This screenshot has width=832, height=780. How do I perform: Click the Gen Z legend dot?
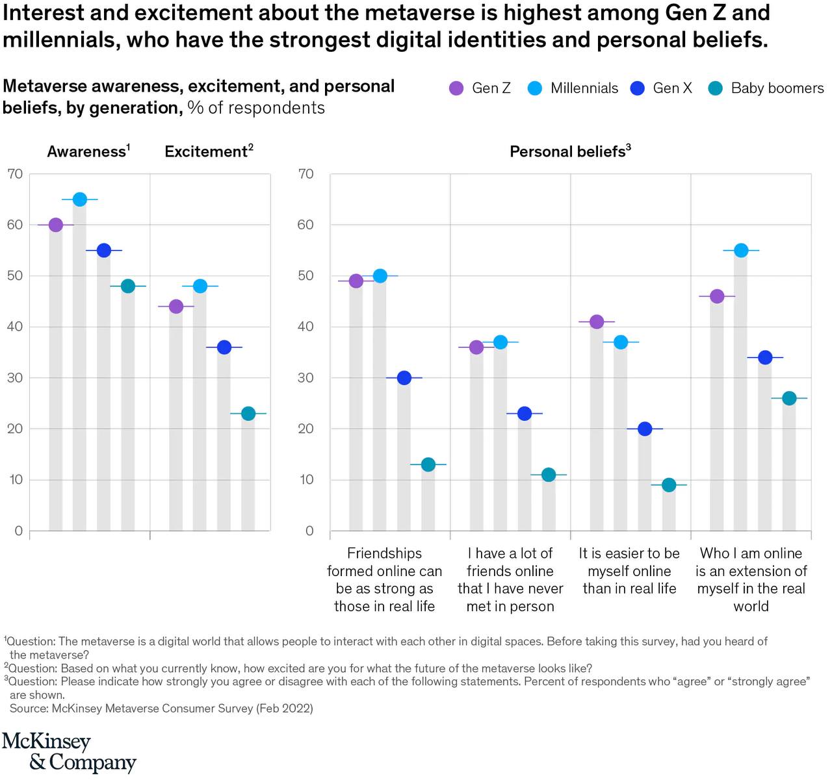457,88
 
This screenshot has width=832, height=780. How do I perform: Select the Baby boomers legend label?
777,88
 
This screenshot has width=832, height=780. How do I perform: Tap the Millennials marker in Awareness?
79,199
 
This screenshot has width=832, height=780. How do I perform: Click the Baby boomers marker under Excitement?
248,414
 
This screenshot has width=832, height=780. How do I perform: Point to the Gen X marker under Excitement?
224,347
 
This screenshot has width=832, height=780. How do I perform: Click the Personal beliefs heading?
570,151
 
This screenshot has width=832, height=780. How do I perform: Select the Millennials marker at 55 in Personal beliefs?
741,251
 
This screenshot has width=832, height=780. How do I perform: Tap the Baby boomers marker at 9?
669,485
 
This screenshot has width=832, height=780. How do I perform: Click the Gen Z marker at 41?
597,321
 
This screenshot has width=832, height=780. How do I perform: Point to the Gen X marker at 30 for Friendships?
404,378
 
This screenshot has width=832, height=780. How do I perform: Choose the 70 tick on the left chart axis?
15,174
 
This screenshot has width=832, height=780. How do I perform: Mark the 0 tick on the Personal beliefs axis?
309,531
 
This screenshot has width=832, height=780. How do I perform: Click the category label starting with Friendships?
384,580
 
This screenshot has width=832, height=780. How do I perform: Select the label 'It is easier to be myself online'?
629,571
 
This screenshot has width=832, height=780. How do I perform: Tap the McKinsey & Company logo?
69,752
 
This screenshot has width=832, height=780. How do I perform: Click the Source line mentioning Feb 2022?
161,709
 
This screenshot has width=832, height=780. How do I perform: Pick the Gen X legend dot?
638,88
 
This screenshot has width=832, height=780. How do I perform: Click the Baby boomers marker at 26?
789,398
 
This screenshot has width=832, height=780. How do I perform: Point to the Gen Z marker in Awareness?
56,225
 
